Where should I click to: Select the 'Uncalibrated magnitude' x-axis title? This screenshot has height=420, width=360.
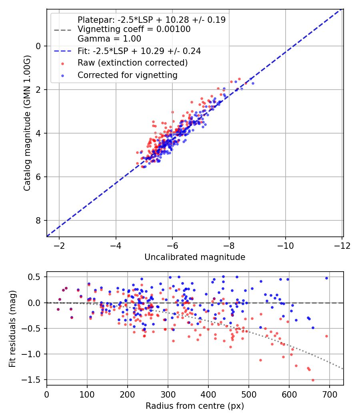click(x=194, y=257)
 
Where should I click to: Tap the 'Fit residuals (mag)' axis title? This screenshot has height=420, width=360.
click(x=12, y=328)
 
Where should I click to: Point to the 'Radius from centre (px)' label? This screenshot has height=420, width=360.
click(x=194, y=406)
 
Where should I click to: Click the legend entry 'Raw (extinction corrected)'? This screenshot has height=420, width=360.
click(x=132, y=63)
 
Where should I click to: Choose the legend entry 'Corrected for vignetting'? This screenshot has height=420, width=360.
click(x=127, y=75)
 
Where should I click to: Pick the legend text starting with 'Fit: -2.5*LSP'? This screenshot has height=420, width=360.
click(x=139, y=51)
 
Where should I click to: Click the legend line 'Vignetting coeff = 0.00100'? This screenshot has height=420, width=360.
click(x=134, y=29)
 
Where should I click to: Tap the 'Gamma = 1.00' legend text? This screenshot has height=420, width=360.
click(x=109, y=39)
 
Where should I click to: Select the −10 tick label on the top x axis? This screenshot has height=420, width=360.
click(x=285, y=245)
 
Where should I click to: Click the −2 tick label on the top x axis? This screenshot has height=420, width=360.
click(x=59, y=245)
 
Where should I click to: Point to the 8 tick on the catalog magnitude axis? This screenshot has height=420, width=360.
click(x=38, y=220)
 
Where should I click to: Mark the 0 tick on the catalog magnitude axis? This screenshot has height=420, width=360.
click(x=38, y=46)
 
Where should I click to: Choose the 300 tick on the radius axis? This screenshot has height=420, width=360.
click(x=168, y=394)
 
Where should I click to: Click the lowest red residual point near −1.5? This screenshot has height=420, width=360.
click(x=313, y=380)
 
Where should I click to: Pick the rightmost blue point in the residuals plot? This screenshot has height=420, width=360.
click(x=326, y=278)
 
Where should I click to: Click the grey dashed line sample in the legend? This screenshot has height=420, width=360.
click(x=62, y=29)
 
